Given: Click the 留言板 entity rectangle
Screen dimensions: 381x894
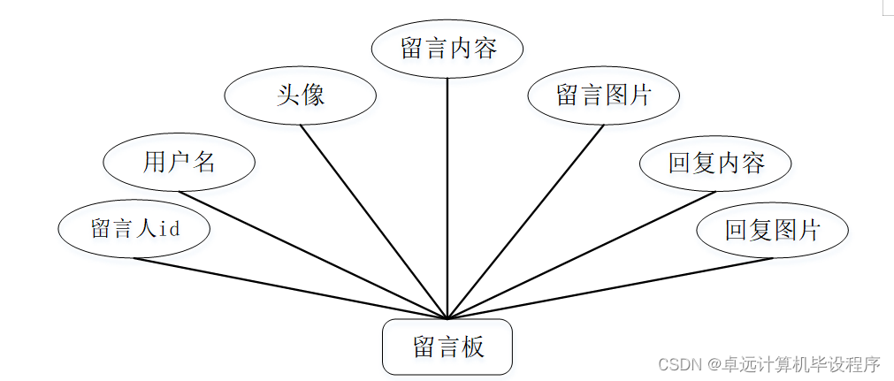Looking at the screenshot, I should (x=447, y=347).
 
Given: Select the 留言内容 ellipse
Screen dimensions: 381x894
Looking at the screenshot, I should (x=447, y=48).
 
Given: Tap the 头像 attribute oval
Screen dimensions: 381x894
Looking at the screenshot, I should (x=301, y=95).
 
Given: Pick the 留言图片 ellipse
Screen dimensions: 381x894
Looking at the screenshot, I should (x=603, y=95).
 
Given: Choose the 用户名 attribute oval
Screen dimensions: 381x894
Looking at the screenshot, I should (x=180, y=162).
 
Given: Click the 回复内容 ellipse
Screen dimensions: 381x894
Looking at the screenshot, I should (x=715, y=163).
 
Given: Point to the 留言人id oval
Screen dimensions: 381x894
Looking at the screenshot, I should (x=134, y=229).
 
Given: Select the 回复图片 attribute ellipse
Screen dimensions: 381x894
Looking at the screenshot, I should (x=772, y=231).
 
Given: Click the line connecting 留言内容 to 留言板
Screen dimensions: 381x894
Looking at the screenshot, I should (x=447, y=194).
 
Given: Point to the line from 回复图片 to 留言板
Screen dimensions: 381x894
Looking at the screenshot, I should (x=610, y=288).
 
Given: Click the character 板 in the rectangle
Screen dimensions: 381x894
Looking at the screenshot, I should (x=472, y=347).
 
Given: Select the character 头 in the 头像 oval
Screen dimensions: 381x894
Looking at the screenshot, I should (x=288, y=95).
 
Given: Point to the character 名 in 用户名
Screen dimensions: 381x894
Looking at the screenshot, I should (x=204, y=162).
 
